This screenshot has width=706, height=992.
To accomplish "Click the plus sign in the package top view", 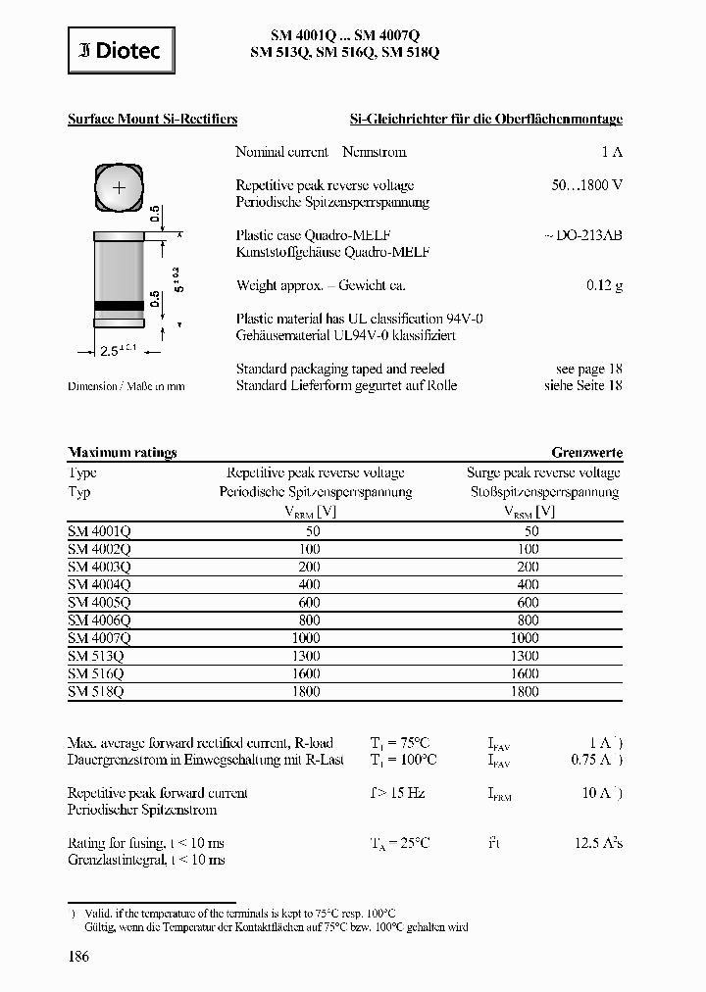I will coord(120,186).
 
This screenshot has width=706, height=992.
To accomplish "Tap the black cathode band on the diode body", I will coord(119,308).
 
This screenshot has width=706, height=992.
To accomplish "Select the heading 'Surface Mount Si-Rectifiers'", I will coord(152,120).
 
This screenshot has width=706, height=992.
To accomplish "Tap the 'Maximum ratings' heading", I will coord(122,453).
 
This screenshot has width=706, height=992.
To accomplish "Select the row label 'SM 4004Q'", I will coord(99,584).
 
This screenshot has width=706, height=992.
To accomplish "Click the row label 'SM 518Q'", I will coord(95,691).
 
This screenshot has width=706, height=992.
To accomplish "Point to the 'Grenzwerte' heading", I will coord(586,453).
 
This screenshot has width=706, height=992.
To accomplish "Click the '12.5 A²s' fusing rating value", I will coord(597,843).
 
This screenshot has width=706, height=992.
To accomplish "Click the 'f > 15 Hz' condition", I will coord(396,793).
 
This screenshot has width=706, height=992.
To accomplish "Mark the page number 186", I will coord(78,957).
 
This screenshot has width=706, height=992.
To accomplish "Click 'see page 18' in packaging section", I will coord(588,369).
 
